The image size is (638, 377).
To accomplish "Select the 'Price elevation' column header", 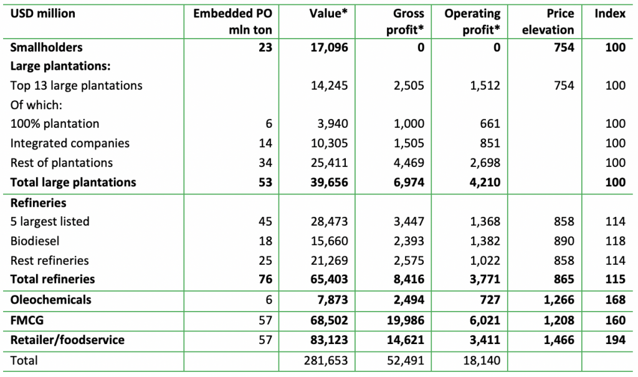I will coord(548,21).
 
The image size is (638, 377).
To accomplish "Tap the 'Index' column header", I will coord(610,13).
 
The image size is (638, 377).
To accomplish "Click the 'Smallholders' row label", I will coord(46,47).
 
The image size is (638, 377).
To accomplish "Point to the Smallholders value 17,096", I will coord(328,47).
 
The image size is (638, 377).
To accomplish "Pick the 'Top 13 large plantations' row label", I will coord(76,85).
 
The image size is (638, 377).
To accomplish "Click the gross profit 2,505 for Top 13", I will coord(409,85).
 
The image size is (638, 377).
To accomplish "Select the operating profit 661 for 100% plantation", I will coord(488,124).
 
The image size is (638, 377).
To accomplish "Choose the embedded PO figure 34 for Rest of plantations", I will coord(265,163).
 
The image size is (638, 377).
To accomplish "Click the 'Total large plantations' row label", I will coord(73,182).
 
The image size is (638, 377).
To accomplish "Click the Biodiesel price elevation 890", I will coord(563,241).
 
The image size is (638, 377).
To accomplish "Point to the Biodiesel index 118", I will coord(615,241).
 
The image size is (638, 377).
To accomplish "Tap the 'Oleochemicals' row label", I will coord(50,300).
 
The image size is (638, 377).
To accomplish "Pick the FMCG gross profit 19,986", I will coord(406,320).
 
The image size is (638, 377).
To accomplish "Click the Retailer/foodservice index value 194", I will coord(615,340).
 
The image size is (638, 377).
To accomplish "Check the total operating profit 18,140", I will coord(482,360).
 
